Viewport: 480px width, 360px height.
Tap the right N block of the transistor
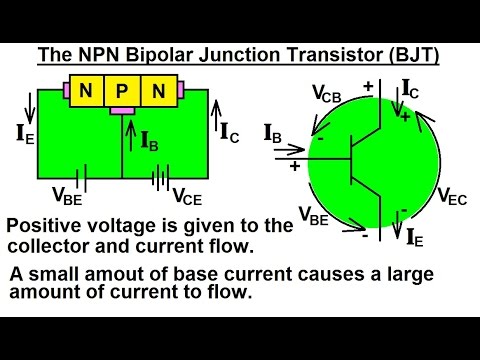[x=156, y=93]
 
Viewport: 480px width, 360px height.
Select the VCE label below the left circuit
[x=189, y=195]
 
